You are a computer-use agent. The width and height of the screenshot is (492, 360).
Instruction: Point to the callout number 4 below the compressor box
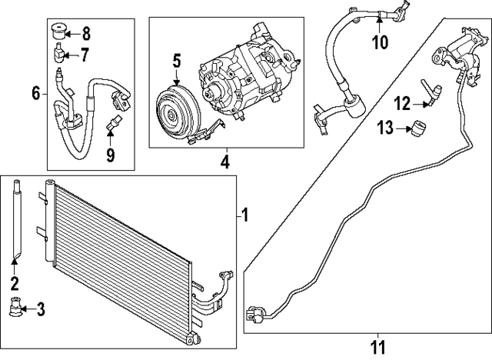[225, 162]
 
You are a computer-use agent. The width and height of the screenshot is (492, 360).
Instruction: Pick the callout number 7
[85, 54]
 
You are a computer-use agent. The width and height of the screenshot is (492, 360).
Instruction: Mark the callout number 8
[85, 33]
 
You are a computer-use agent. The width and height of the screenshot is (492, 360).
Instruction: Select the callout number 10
[380, 42]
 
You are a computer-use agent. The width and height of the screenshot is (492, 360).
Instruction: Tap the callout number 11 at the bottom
[377, 348]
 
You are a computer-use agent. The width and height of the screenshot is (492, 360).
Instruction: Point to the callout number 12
[404, 103]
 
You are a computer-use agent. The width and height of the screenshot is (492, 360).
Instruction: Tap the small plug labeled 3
[17, 309]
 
